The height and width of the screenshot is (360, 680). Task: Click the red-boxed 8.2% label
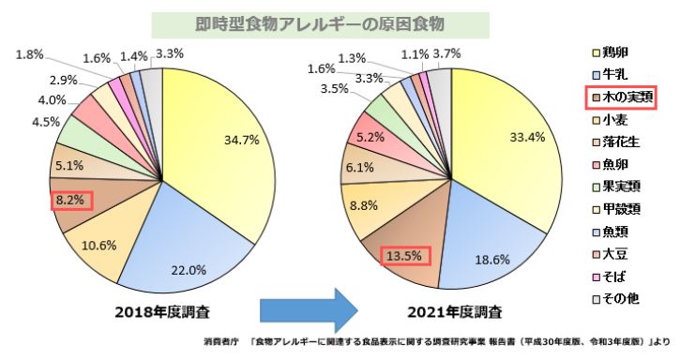pos(70,200)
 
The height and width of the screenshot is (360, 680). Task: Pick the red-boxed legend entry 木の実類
pos(630,96)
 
